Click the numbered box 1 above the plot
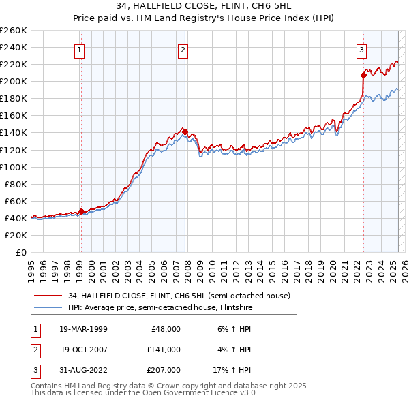[80, 49]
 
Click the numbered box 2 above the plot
[183, 49]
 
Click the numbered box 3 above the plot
[361, 49]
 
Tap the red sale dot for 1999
[81, 211]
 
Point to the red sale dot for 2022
[363, 75]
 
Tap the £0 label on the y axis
[20, 252]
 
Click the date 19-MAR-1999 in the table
[83, 329]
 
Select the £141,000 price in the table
[164, 350]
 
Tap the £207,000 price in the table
[164, 370]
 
